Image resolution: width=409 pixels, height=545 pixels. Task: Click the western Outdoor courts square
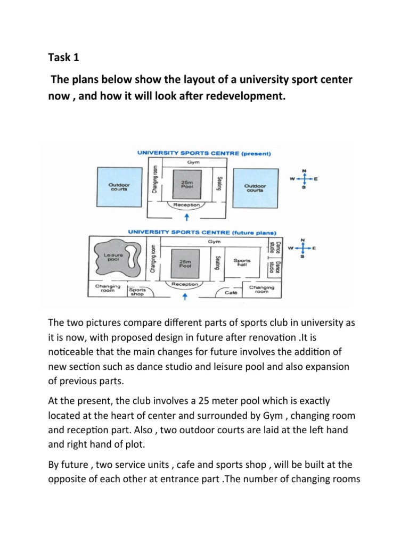pyautogui.click(x=115, y=185)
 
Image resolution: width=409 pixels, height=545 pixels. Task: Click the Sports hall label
pyautogui.click(x=242, y=262)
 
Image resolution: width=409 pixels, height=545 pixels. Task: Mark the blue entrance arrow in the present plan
pyautogui.click(x=186, y=217)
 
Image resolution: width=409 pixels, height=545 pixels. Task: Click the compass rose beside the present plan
pyautogui.click(x=304, y=179)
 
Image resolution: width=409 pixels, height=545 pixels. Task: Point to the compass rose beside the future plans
pyautogui.click(x=302, y=248)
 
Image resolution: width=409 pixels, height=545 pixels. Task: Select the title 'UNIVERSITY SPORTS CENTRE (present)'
pyautogui.click(x=205, y=154)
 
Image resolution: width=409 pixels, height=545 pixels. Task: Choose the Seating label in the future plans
pyautogui.click(x=218, y=263)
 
